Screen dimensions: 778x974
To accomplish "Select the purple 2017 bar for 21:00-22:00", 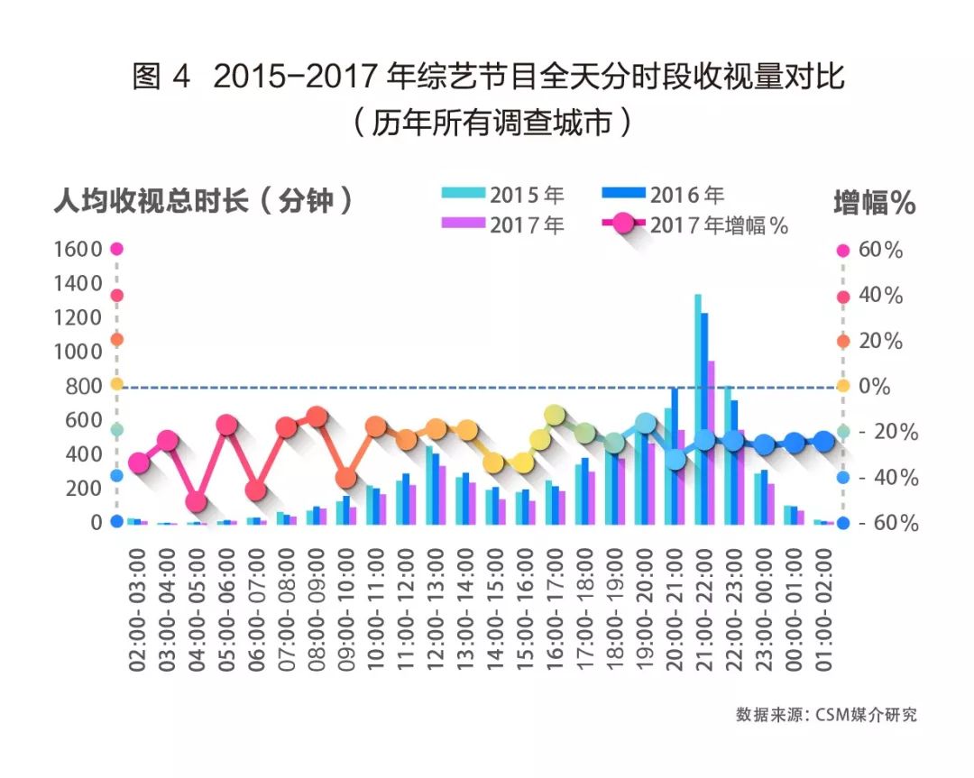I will [x=712, y=442].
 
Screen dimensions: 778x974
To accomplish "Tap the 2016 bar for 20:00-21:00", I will [x=675, y=455].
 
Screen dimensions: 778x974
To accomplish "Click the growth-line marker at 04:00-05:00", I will [x=197, y=502].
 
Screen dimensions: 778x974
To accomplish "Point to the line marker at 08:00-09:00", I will [x=317, y=416].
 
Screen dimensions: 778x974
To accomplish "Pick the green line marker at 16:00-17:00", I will [x=556, y=415].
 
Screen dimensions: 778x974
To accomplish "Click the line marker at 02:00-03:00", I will [x=138, y=463].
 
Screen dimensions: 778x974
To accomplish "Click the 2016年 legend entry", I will [x=662, y=194].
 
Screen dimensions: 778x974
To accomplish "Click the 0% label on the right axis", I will [x=874, y=387].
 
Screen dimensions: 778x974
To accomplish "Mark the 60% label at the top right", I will [x=880, y=251].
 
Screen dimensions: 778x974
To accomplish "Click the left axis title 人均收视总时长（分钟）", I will [x=203, y=200].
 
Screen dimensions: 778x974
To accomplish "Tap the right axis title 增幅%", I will [x=874, y=203].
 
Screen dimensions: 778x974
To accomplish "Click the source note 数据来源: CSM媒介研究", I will [x=825, y=715].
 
